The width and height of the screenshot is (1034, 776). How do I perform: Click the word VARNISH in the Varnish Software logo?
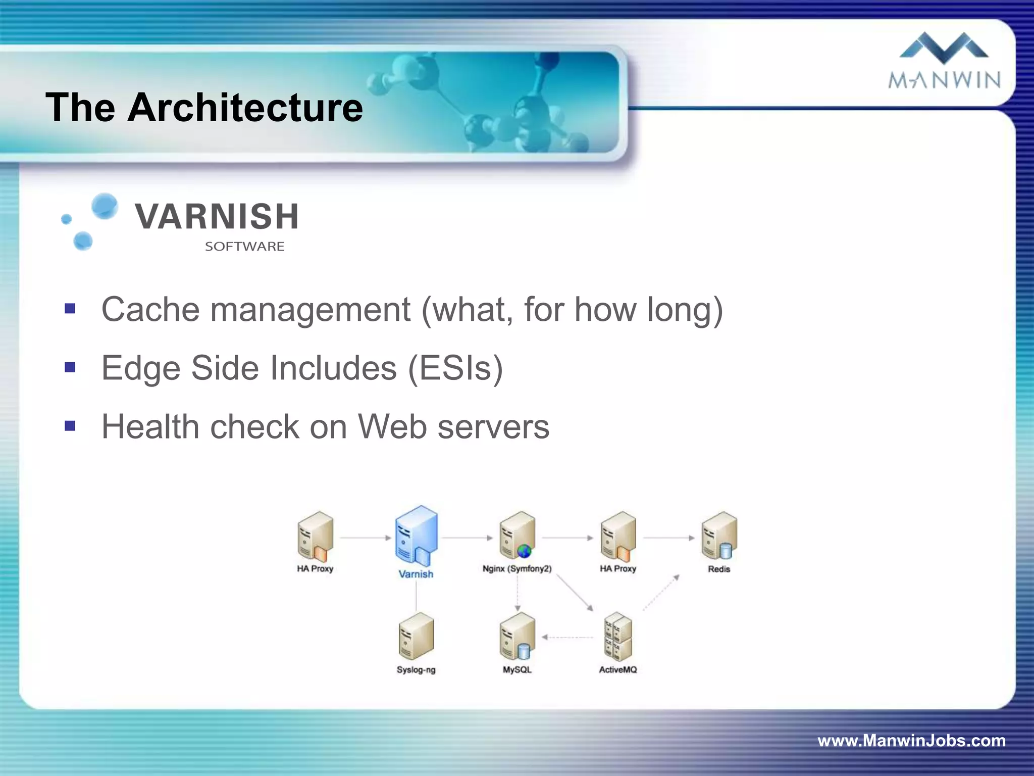coord(217,216)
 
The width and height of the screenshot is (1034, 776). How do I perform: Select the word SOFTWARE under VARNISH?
coord(244,247)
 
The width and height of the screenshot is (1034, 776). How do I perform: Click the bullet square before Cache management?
coord(70,309)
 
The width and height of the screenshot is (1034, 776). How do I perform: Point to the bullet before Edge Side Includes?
coord(70,367)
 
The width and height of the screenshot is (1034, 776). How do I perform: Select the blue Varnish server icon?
coord(416,536)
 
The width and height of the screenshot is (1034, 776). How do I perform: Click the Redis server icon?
coord(719,536)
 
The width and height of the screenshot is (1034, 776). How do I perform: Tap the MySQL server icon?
coord(517,637)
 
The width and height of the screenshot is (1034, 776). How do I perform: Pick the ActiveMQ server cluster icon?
coord(618,637)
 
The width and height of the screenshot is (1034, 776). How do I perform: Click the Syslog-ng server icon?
coord(416,637)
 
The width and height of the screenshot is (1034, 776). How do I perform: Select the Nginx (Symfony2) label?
coord(517,569)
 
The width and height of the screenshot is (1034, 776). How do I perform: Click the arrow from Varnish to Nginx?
coord(467,538)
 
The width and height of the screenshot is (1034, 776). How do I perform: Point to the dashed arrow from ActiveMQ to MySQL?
coord(568,638)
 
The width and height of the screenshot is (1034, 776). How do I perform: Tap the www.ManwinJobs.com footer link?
coord(911,741)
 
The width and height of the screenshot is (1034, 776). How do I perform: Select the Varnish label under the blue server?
coord(416,574)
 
